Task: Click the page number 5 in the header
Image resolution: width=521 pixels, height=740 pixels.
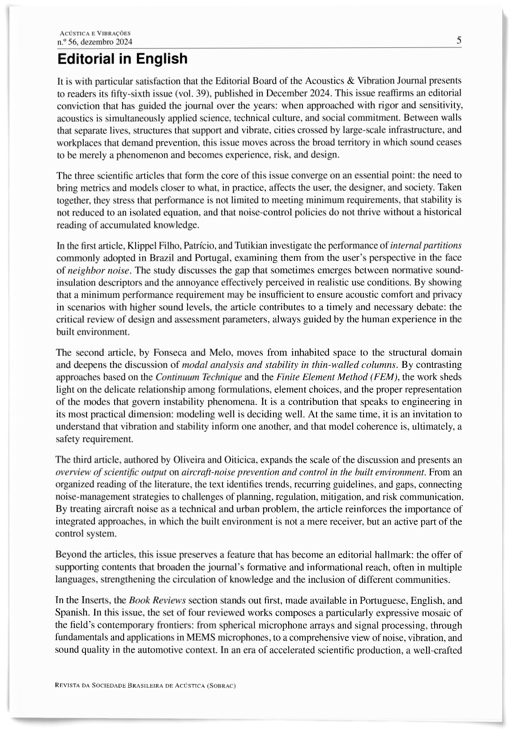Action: pyautogui.click(x=459, y=40)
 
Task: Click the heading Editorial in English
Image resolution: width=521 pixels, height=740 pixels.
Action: pyautogui.click(x=122, y=59)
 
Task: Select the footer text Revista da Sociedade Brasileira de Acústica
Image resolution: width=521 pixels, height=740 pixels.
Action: pyautogui.click(x=145, y=685)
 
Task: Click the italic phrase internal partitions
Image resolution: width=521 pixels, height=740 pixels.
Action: pyautogui.click(x=426, y=245)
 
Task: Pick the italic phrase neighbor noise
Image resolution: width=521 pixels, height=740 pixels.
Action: pyautogui.click(x=99, y=270)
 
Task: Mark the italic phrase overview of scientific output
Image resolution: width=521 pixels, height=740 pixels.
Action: pyautogui.click(x=111, y=472)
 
